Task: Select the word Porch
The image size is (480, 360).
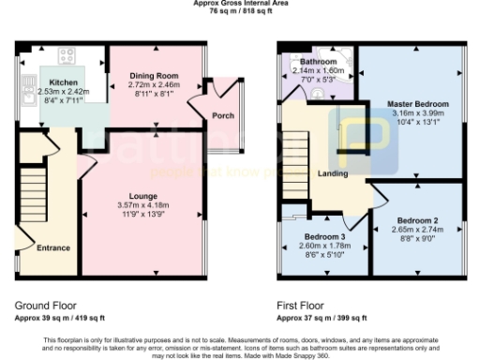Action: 223,116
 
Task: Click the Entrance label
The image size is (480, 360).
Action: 53,247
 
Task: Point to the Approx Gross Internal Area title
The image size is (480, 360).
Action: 240,4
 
